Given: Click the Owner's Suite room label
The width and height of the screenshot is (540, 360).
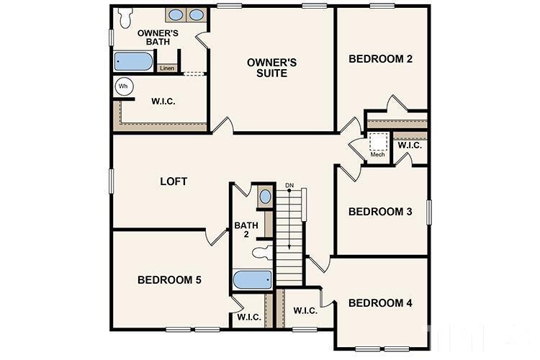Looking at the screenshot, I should click(267, 68).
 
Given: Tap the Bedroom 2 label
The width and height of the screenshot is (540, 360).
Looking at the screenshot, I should click(380, 59).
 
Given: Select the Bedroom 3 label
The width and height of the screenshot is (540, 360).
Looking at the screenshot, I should click(380, 212).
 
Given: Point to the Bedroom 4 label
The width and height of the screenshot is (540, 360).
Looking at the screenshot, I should click(380, 303).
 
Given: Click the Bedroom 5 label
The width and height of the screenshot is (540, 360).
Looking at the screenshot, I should click(169, 279).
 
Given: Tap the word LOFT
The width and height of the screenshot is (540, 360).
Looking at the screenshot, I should click(174, 181).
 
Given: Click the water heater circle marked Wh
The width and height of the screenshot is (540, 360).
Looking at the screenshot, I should click(122, 86).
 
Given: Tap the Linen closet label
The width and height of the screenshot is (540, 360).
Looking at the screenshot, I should click(166, 68).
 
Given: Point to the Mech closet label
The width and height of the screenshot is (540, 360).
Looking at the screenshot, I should click(377, 154).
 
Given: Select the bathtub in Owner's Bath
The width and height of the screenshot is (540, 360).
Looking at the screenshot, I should click(135, 61).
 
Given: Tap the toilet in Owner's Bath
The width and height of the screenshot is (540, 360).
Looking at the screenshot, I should click(126, 15).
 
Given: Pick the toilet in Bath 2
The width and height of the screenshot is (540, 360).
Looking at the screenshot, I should click(262, 253).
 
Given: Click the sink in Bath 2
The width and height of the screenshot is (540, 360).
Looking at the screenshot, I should click(264, 197).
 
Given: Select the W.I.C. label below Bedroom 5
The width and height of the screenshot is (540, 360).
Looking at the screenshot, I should click(249, 316).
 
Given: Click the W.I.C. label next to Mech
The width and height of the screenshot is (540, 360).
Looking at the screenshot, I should click(409, 145).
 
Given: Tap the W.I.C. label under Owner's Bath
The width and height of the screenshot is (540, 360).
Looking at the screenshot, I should click(163, 101).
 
